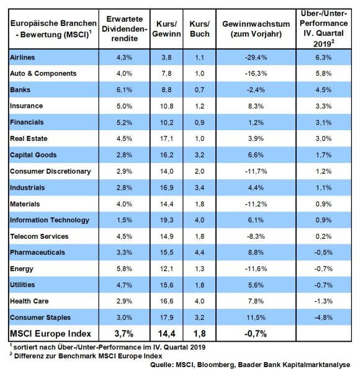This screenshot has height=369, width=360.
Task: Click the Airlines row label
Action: tap(22, 57)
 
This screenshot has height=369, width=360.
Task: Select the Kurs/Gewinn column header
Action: tap(166, 29)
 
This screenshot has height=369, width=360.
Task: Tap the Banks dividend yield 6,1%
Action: tap(124, 90)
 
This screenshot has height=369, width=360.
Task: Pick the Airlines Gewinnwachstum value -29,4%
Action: tap(256, 57)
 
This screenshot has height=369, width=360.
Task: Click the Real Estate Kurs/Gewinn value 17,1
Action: tap(166, 138)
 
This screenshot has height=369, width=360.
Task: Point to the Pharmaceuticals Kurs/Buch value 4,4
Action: tap(200, 252)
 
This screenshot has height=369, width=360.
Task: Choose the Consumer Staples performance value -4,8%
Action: tap(323, 318)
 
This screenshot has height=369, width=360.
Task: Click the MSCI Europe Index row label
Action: tap(50, 334)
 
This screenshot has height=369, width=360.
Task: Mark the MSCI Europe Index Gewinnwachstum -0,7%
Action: tap(256, 334)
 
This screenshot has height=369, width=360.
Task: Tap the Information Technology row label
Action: tap(50, 220)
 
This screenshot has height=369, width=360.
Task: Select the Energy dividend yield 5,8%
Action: tap(124, 269)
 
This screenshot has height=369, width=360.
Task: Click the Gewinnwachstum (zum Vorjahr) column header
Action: tap(256, 29)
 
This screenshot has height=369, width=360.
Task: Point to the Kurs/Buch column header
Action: tap(200, 29)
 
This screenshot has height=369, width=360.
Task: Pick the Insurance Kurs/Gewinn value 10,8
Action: tap(166, 106)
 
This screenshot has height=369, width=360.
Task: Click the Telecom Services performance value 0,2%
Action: tap(323, 236)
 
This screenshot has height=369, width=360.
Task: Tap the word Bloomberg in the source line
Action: tap(215, 365)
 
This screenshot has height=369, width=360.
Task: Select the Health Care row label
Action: tap(29, 301)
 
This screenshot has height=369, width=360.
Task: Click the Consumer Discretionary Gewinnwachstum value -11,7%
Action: tap(256, 171)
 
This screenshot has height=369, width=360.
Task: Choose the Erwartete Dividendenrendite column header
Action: tap(124, 29)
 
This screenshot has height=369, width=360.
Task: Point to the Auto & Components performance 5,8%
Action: tap(323, 73)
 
